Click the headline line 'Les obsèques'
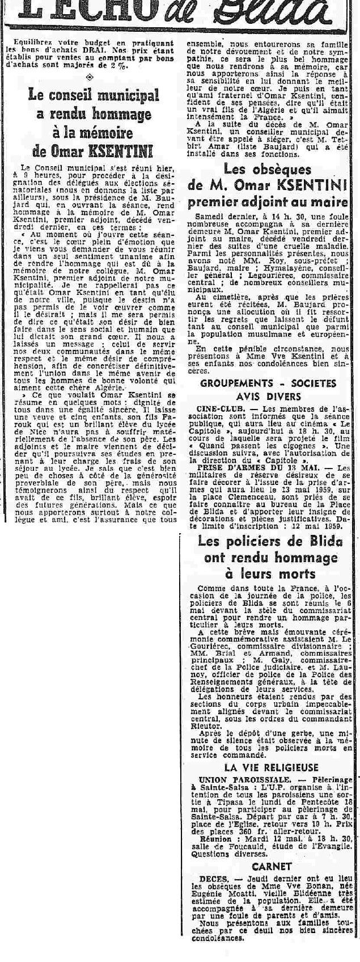[x=268, y=168]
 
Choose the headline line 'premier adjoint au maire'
[x=268, y=202]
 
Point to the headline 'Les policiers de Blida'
[x=270, y=541]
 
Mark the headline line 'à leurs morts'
[x=270, y=573]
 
